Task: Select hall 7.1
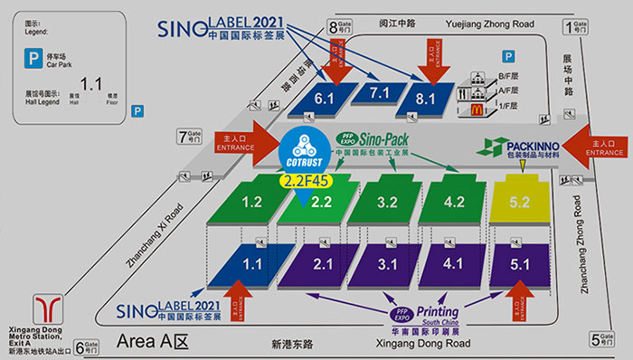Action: [x=379, y=92]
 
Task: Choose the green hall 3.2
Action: [x=387, y=201]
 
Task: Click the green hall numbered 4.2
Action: [x=455, y=201]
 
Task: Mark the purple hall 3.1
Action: [x=387, y=265]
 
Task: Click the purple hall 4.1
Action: [x=455, y=265]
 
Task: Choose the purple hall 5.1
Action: [x=521, y=265]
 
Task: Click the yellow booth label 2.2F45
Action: [x=306, y=181]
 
